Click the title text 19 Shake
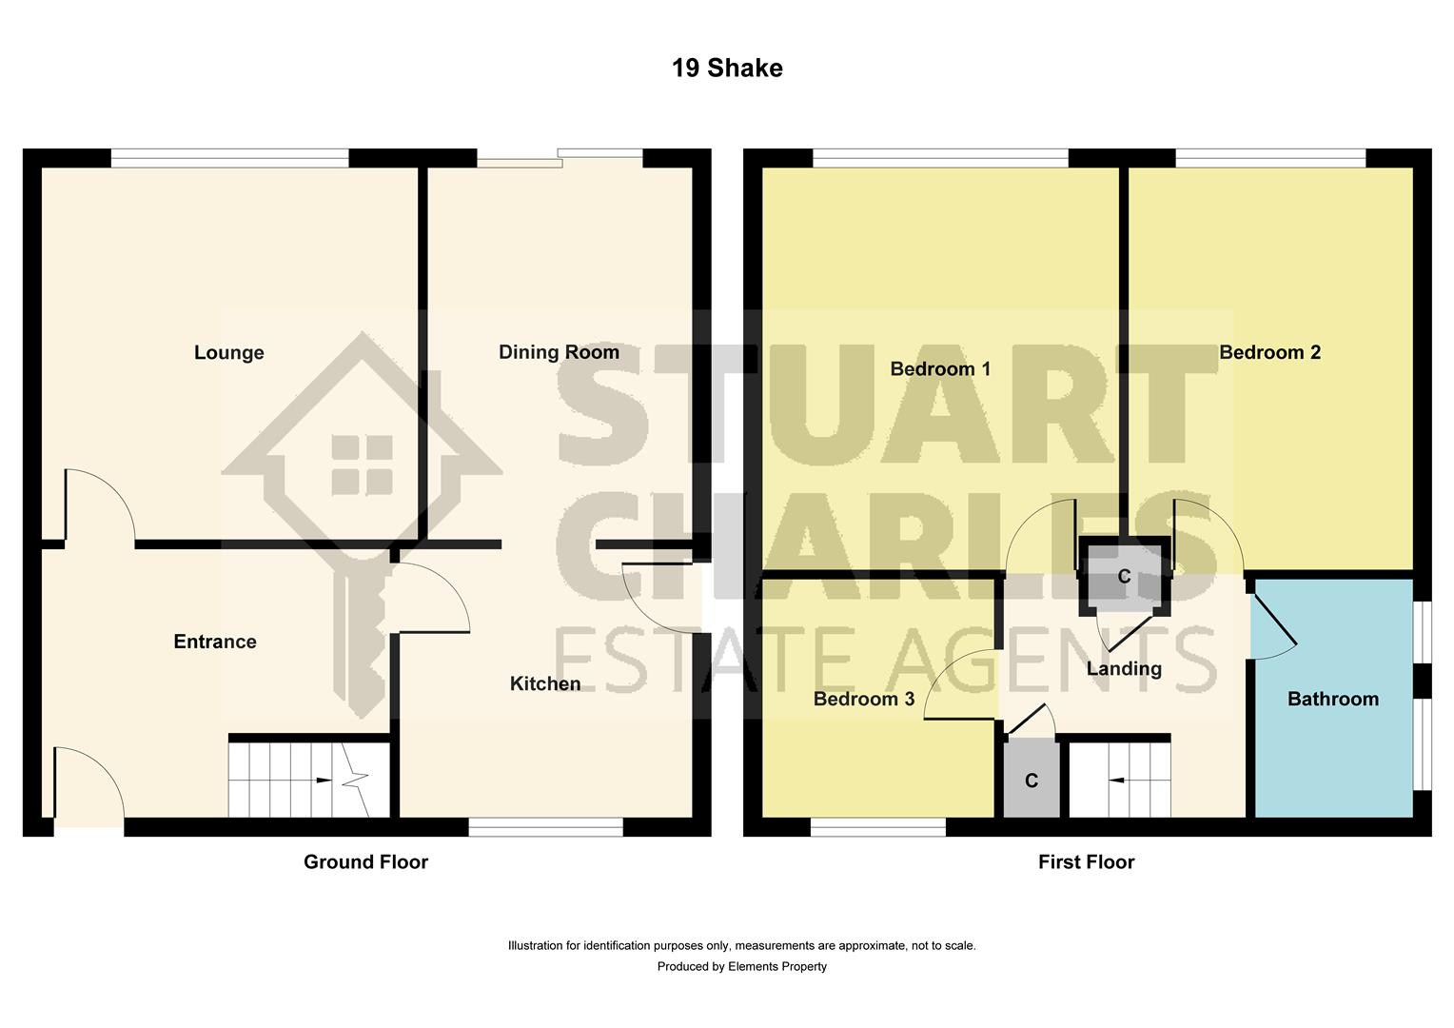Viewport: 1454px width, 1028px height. [727, 69]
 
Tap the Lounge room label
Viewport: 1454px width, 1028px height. [228, 353]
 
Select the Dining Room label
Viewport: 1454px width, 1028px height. [559, 352]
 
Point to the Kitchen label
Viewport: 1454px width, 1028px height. [544, 683]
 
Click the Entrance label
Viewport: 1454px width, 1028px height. [215, 642]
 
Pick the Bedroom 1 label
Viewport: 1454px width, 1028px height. [940, 368]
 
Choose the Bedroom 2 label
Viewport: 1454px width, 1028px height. [1269, 352]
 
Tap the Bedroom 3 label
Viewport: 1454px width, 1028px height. [863, 700]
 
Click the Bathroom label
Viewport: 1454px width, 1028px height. [1332, 700]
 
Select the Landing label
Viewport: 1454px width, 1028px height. [1124, 669]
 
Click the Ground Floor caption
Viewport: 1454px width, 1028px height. [365, 862]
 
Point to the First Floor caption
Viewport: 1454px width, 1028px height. [1086, 862]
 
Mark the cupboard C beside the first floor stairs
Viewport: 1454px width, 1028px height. [1032, 781]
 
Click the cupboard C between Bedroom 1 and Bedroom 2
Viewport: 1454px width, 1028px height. [1124, 577]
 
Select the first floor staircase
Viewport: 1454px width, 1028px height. [1120, 780]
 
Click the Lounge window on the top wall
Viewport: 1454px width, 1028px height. [229, 158]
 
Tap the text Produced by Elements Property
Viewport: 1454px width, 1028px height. [741, 967]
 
